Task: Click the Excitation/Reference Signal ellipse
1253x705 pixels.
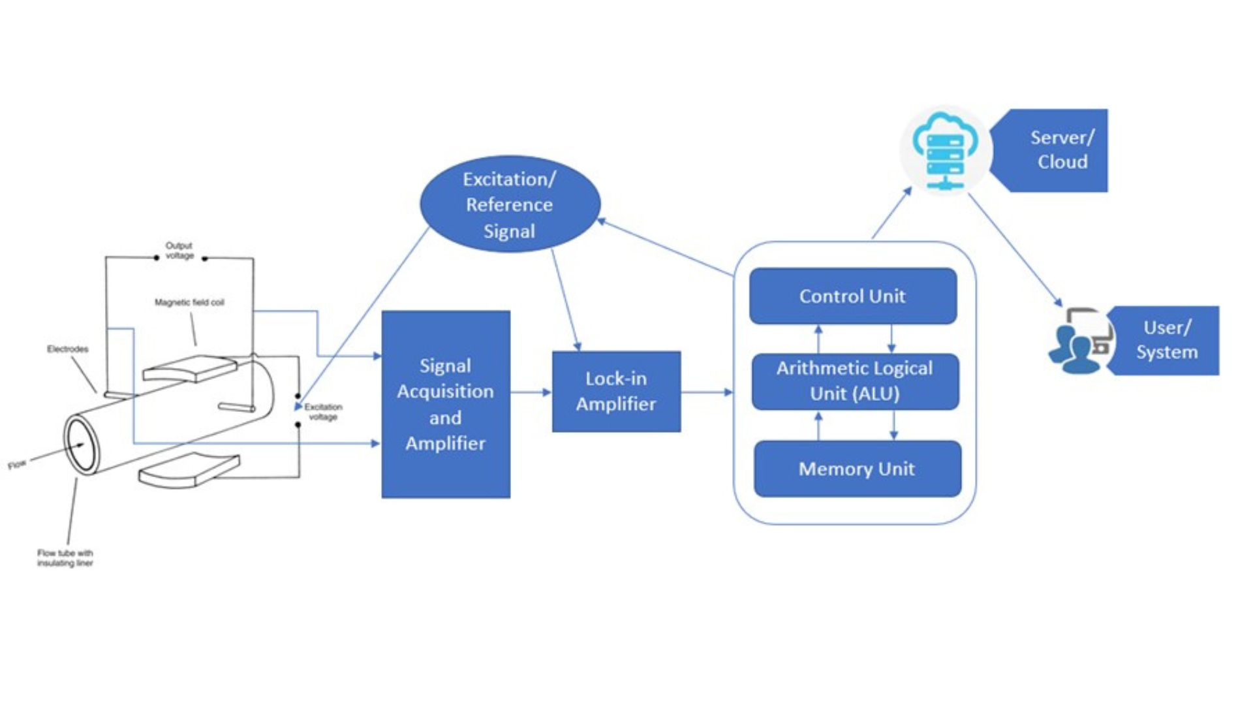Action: pos(509,204)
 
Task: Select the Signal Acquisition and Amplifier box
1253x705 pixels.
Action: pos(446,404)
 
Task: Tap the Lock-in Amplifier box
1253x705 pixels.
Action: pos(616,391)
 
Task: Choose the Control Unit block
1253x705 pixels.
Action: pos(852,296)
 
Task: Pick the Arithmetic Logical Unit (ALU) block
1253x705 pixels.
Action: pos(855,381)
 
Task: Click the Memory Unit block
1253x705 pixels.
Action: pos(857,469)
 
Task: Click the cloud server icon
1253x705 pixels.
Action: pos(946,151)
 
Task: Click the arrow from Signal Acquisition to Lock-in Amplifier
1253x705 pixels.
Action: pos(531,392)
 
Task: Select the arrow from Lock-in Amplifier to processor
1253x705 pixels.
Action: pos(707,392)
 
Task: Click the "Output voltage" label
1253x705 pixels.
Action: pos(179,251)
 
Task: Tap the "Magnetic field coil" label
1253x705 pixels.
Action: pos(189,302)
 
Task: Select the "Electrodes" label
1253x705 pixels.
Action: pos(68,349)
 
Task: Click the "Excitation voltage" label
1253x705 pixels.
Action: pos(323,411)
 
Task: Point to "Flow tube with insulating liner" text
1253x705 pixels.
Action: pos(65,558)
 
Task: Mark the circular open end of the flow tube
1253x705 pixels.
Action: pos(81,445)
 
